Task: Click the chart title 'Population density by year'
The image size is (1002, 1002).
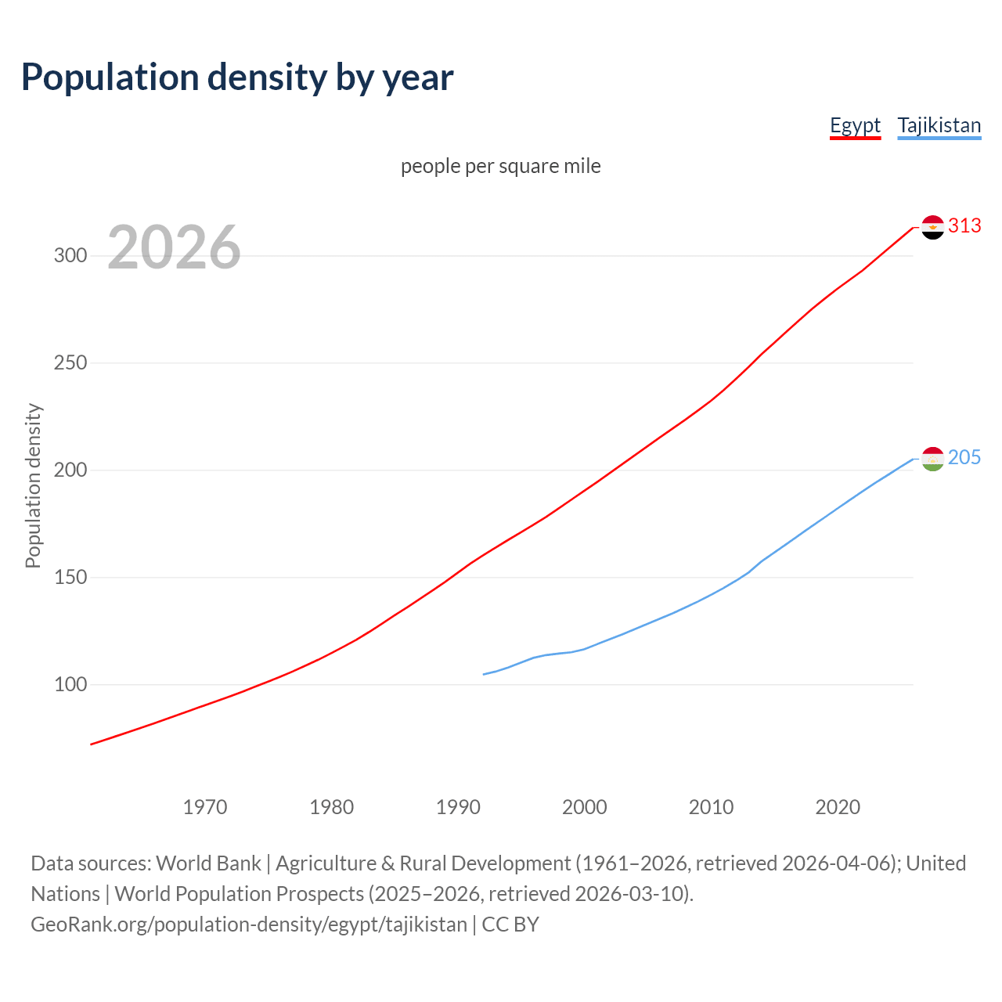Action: [237, 77]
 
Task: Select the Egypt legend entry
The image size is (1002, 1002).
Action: [855, 125]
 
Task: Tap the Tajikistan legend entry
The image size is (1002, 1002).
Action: [939, 125]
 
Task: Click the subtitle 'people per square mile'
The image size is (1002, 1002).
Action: [500, 166]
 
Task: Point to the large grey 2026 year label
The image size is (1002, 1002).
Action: [174, 247]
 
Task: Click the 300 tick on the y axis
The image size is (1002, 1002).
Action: [70, 256]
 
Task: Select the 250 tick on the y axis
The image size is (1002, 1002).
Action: [70, 363]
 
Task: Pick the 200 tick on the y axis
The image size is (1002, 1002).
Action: [70, 470]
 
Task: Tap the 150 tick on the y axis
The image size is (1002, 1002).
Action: [70, 578]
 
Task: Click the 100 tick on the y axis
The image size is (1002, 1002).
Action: [70, 685]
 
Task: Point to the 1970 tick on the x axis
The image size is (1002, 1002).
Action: [205, 807]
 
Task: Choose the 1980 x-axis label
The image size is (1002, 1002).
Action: [332, 807]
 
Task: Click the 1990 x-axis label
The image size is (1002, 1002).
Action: [458, 807]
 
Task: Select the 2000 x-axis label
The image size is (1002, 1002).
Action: [585, 807]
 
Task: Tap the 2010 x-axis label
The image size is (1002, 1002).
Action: [711, 807]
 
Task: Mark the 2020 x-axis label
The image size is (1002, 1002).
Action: [838, 807]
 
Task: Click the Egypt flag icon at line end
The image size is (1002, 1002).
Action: [932, 227]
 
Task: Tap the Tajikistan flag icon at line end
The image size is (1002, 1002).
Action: [932, 459]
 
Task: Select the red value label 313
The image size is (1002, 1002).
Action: [964, 226]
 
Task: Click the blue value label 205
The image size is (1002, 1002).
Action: [964, 458]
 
